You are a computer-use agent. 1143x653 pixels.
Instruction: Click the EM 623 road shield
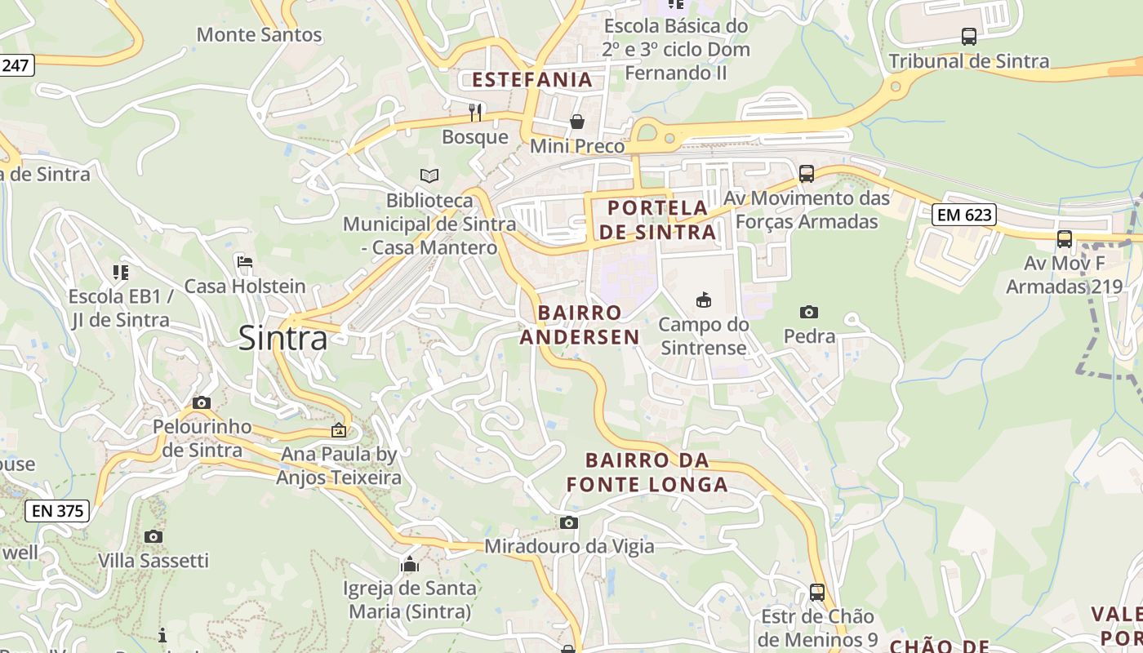(964, 215)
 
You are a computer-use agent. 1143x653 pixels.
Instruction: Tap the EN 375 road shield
(56, 511)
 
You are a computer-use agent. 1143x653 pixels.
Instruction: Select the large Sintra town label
(282, 338)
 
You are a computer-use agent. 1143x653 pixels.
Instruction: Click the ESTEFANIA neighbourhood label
(532, 80)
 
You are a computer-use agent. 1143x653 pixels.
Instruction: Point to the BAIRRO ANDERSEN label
(580, 325)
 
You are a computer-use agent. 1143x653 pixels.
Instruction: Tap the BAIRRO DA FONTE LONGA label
(647, 472)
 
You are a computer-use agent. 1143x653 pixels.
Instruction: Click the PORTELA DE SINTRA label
(657, 220)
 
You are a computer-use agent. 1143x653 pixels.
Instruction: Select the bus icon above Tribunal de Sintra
(969, 37)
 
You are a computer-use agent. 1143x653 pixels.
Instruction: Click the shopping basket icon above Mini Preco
(577, 122)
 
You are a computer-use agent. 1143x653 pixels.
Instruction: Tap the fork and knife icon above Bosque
(475, 112)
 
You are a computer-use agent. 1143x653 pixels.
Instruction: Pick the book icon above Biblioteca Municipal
(429, 175)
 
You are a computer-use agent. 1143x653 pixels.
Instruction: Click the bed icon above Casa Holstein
(244, 262)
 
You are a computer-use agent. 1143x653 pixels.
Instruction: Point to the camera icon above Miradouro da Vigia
(569, 522)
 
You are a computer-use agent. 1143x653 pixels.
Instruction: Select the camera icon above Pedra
(809, 312)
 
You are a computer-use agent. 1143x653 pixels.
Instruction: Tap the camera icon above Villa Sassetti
(153, 536)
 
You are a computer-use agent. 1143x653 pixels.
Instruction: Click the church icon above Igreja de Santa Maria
(409, 564)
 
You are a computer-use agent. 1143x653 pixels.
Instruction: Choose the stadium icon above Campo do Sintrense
(703, 300)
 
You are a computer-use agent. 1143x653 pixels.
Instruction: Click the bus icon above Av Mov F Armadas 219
(1065, 239)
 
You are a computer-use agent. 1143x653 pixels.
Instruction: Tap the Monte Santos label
(260, 35)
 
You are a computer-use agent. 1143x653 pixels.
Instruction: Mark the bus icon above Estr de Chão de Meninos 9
(817, 592)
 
